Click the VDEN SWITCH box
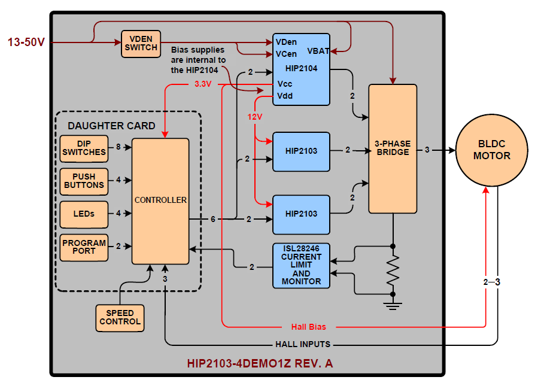point(141,44)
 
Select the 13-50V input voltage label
point(26,42)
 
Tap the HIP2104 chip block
point(301,69)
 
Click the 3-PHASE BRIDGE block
point(392,148)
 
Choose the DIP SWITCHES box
point(84,148)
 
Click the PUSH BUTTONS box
point(84,181)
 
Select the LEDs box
point(84,214)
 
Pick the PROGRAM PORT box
point(84,247)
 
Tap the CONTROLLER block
point(160,200)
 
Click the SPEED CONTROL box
point(120,317)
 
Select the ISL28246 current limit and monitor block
point(301,265)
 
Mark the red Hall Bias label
point(309,327)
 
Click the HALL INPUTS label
point(303,344)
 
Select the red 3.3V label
point(203,84)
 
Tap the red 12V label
point(255,117)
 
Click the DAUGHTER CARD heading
point(111,126)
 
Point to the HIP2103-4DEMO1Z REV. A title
point(260,363)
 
